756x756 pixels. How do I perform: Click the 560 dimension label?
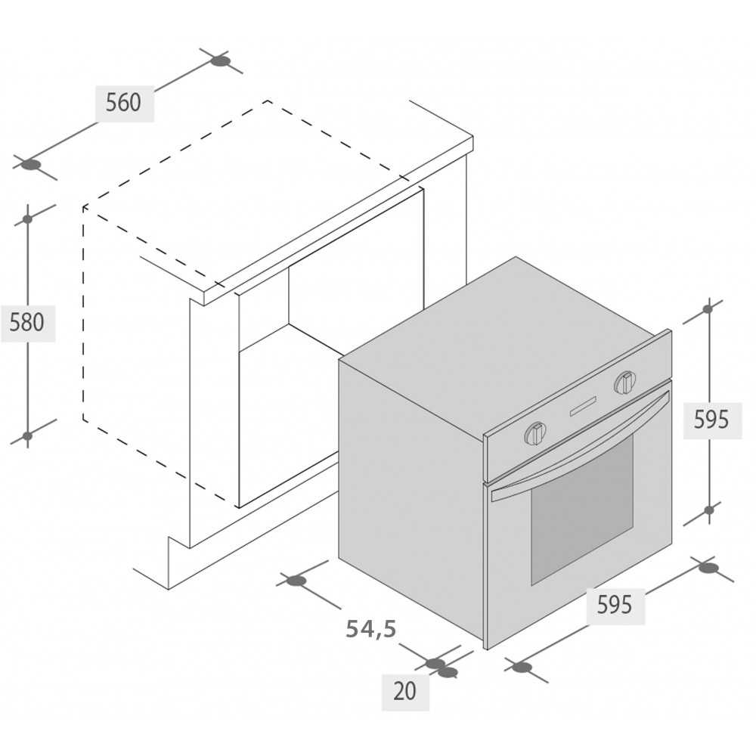click(123, 103)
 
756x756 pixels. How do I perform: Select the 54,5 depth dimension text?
click(371, 629)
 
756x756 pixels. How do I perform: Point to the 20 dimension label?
click(405, 692)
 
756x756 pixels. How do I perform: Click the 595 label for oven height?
click(711, 420)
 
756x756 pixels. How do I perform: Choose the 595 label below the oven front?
click(614, 605)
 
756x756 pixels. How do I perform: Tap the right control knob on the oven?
click(625, 382)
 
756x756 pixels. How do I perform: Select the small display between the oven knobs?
click(583, 406)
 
